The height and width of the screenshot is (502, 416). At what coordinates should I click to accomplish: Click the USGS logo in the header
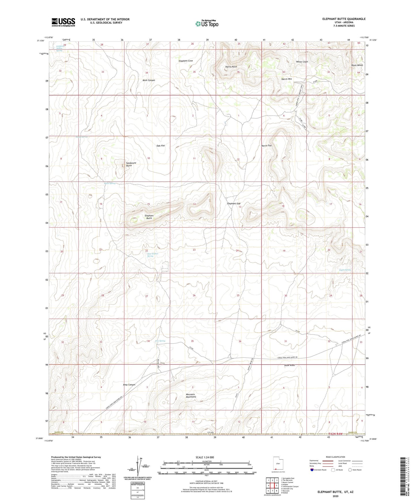(63, 22)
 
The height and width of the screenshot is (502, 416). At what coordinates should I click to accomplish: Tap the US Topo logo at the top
(206, 24)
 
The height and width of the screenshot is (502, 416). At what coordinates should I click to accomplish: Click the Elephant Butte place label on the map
(149, 217)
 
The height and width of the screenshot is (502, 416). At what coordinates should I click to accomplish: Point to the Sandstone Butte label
(131, 164)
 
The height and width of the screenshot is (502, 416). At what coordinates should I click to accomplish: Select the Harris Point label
(231, 67)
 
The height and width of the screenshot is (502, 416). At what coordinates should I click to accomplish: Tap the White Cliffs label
(302, 62)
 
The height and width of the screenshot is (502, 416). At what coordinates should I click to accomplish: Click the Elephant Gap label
(234, 204)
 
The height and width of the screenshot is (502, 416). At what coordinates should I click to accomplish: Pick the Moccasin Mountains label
(191, 396)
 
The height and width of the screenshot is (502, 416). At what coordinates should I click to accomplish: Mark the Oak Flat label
(161, 146)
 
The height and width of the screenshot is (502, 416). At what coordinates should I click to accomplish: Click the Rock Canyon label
(149, 80)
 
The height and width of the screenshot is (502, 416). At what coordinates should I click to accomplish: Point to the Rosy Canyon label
(129, 385)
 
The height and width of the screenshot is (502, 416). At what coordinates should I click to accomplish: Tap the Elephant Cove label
(186, 61)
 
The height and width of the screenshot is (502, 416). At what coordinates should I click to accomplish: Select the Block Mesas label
(357, 65)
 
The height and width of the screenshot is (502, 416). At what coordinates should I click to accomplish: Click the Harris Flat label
(267, 145)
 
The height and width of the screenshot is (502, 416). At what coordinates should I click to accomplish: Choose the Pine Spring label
(160, 341)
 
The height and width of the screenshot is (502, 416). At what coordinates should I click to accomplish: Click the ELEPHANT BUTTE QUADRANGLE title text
(344, 19)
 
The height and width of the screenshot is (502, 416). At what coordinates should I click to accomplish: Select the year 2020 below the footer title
(335, 496)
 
